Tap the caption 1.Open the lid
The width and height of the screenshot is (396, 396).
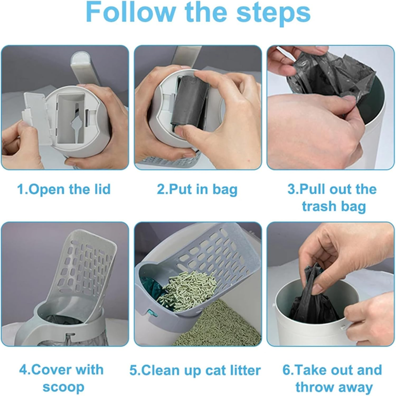64,189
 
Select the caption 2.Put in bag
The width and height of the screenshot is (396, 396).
197,189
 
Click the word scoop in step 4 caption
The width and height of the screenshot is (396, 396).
63,387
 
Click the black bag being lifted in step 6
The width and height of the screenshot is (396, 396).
314,298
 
